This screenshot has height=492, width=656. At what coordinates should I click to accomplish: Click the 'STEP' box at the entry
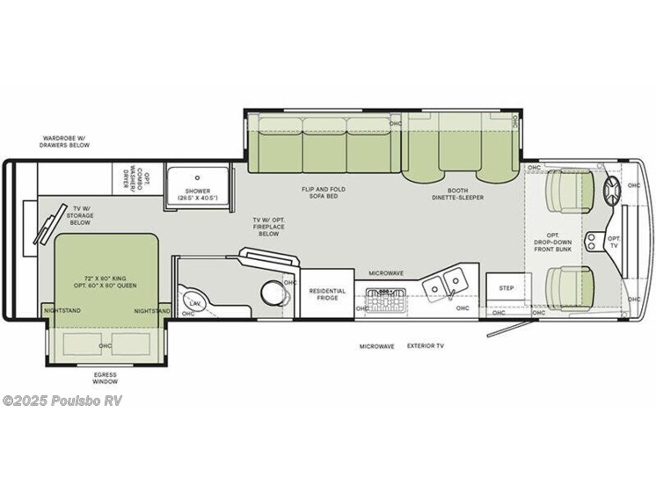[507, 287]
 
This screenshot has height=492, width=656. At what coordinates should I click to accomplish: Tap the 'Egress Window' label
[105, 379]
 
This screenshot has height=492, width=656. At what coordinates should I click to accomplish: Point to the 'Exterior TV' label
[426, 347]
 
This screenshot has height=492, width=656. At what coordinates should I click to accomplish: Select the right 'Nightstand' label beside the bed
[151, 310]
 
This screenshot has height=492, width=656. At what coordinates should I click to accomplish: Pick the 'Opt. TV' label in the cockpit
[614, 242]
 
